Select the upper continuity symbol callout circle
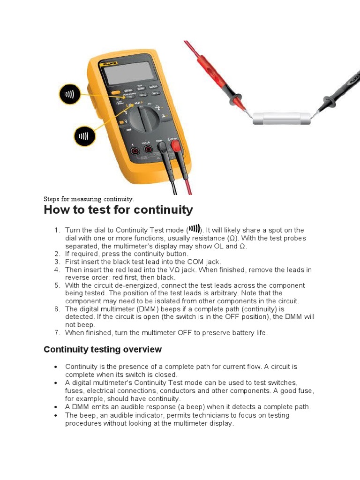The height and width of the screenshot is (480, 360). pyautogui.click(x=69, y=94)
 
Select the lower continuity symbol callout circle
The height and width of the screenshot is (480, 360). pyautogui.click(x=84, y=136)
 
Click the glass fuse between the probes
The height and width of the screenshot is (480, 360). pyautogui.click(x=281, y=118)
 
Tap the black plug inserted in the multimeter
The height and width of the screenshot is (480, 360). pyautogui.click(x=162, y=149)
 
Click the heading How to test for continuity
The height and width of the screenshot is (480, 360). pyautogui.click(x=118, y=210)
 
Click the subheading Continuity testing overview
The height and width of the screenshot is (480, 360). pyautogui.click(x=102, y=349)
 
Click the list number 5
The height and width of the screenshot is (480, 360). pyautogui.click(x=57, y=285)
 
